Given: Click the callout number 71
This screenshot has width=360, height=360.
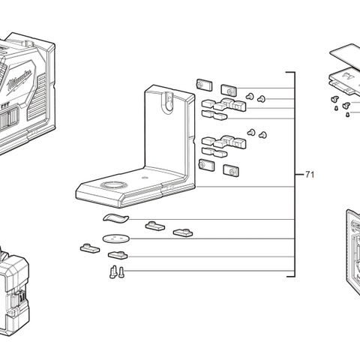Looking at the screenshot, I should point(310,175).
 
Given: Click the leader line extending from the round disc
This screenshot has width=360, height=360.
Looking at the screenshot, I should point(210,239).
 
